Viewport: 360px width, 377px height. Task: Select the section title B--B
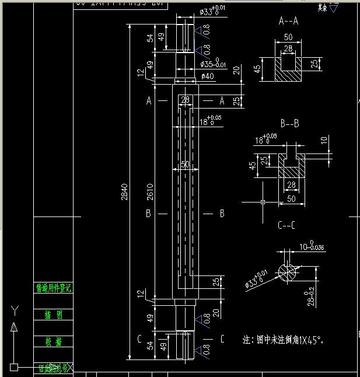(x=290, y=124)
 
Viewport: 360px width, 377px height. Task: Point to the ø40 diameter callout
(x=207, y=76)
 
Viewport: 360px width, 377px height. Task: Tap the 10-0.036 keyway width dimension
(x=311, y=247)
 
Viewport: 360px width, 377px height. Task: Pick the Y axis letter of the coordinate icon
(x=15, y=309)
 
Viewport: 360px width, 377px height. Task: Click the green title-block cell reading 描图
(x=53, y=315)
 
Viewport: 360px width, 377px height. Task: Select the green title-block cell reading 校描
(x=53, y=342)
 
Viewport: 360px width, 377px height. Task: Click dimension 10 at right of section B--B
(x=324, y=141)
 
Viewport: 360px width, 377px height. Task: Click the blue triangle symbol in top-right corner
(x=334, y=8)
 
